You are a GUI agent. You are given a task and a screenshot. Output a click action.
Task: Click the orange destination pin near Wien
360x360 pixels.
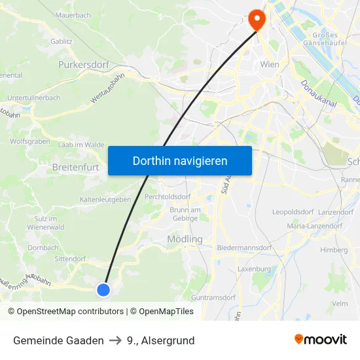tap(257, 20)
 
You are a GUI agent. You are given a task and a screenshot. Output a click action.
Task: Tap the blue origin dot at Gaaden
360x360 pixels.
tap(103, 289)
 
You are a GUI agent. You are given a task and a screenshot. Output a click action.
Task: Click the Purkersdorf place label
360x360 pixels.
tap(83, 65)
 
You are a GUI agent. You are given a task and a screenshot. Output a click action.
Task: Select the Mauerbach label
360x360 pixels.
tap(73, 14)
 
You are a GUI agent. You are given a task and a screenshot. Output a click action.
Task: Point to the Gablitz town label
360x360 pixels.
tap(61, 41)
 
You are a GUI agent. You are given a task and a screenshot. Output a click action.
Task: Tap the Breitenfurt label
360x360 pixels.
tap(75, 167)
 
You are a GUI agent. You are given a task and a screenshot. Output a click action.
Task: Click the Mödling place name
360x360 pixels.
tap(185, 240)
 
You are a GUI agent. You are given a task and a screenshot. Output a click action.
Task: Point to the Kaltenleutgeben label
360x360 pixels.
tap(105, 199)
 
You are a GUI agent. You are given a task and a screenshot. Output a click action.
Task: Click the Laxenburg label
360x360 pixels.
tap(254, 268)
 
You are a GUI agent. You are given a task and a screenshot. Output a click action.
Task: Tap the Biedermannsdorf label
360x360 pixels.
tap(244, 248)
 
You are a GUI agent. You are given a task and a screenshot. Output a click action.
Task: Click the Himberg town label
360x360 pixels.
tap(334, 250)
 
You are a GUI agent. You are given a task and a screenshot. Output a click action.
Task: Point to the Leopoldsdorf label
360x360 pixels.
tap(293, 212)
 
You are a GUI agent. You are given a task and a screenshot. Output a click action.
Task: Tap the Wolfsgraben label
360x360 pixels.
tap(29, 141)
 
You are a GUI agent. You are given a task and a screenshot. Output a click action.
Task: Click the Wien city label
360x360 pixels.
tap(270, 64)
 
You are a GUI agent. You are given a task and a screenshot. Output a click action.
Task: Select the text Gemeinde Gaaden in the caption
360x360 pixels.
tap(58, 340)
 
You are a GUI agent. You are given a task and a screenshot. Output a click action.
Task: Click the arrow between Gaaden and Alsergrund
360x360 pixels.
tap(115, 340)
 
